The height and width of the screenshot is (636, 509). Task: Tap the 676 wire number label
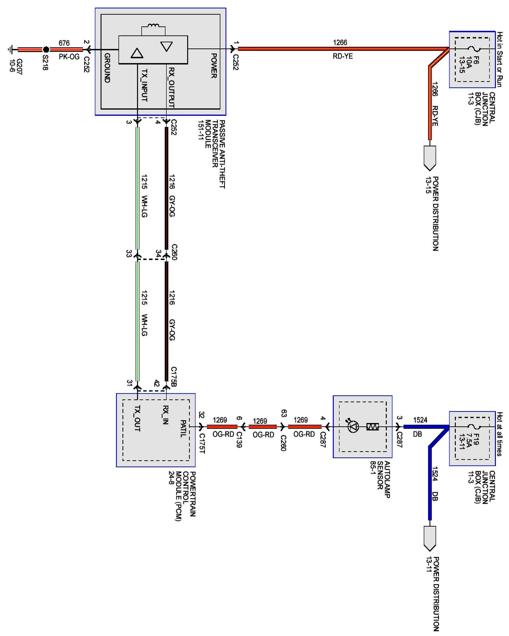64,43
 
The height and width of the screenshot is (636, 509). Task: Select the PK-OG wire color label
69,57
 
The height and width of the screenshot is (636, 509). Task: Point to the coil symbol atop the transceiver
153,26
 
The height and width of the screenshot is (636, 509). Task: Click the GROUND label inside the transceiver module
107,68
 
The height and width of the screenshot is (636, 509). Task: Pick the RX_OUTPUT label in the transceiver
171,87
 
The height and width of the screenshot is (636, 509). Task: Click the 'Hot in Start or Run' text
499,59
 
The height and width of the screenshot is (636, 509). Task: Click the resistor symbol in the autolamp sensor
372,427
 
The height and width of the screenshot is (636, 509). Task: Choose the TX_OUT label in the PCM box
137,418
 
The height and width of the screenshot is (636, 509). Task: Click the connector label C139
239,440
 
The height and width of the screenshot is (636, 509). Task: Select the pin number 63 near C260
284,413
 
